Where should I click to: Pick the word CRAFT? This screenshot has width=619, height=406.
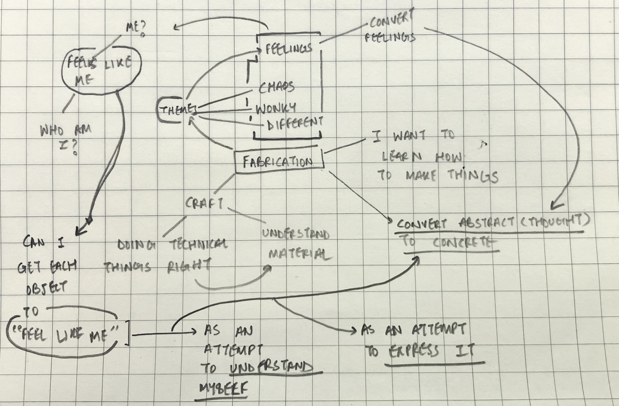click(x=204, y=203)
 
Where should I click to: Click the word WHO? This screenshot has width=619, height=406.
click(x=51, y=130)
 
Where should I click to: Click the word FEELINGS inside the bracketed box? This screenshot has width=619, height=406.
click(x=289, y=49)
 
